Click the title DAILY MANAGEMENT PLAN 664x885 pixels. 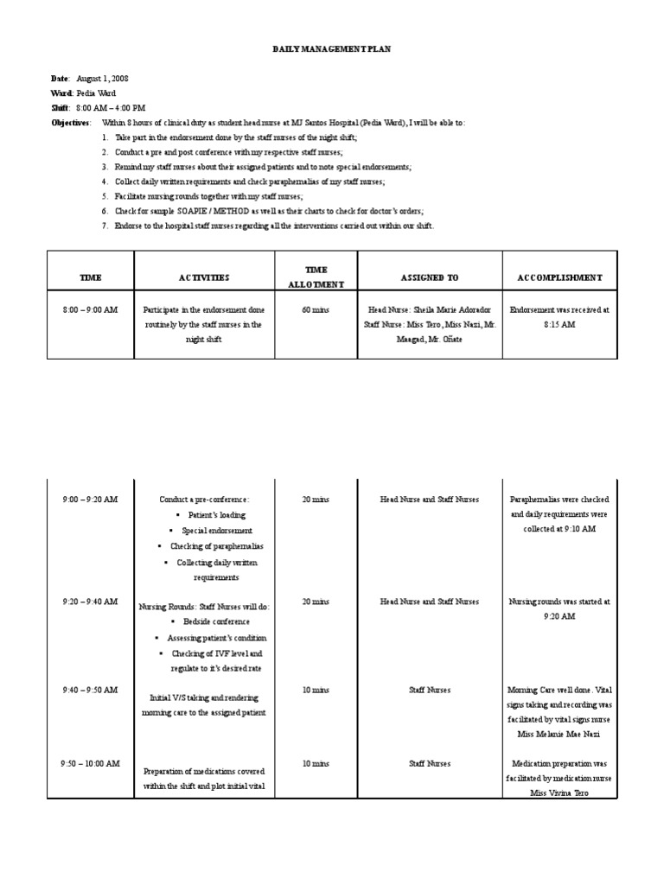pos(332,49)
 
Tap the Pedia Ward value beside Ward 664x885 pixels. pos(96,93)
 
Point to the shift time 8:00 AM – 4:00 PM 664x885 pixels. pos(111,108)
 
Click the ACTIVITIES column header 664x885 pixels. pos(204,277)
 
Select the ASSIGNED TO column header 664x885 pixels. pos(430,277)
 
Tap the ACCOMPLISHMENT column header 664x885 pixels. pos(559,277)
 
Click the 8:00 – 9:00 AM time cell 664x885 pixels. pos(90,309)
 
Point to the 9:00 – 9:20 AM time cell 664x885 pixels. pos(90,500)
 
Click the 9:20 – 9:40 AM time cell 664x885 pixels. pos(90,602)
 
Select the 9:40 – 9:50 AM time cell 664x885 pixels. pos(90,690)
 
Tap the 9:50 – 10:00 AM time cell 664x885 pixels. pos(90,764)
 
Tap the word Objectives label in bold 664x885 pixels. pos(70,123)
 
